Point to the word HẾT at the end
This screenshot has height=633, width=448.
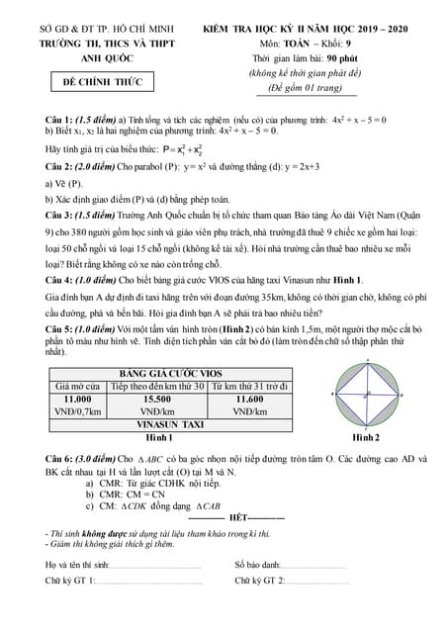point(236,517)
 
